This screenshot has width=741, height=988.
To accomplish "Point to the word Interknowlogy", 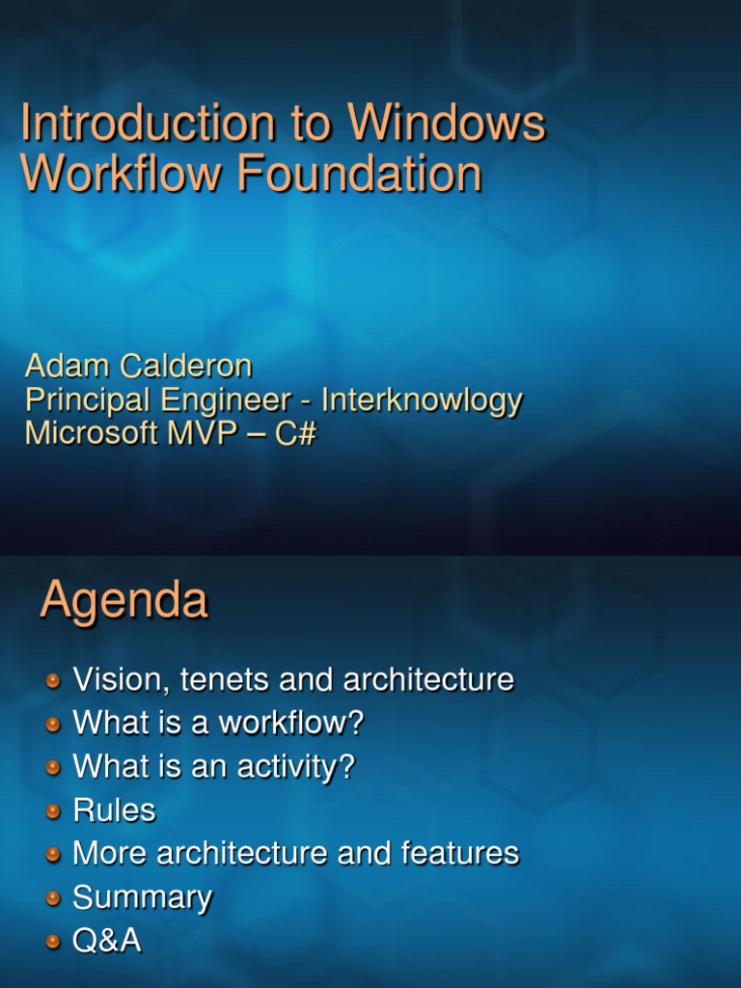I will [x=422, y=400].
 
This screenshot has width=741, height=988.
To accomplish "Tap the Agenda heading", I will [x=123, y=600].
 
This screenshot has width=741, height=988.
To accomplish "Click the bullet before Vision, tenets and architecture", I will [x=54, y=681].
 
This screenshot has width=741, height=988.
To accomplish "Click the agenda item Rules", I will [x=114, y=810].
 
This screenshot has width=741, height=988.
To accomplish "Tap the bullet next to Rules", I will [x=54, y=811].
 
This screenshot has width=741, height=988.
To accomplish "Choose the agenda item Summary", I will [x=142, y=898].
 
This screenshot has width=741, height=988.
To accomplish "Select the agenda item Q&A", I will [x=107, y=941].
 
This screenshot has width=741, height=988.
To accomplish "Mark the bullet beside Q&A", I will [x=54, y=942].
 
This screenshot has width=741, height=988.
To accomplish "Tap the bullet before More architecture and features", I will [x=54, y=855].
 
